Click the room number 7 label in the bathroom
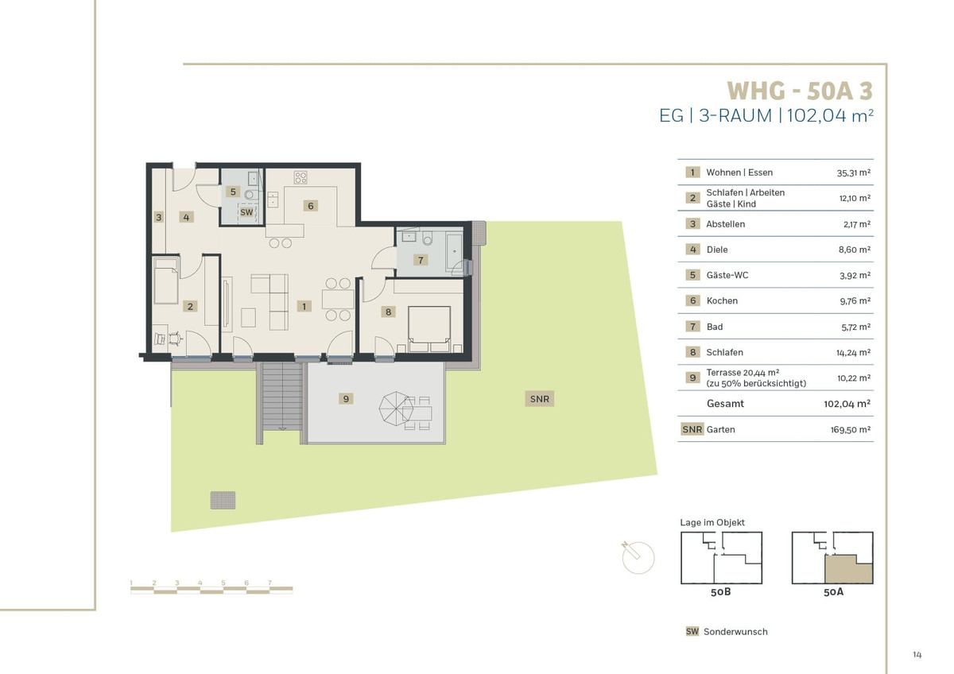click(x=421, y=260)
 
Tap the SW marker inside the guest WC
click(x=246, y=212)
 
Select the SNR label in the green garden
click(x=540, y=399)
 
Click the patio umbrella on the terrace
click(x=396, y=409)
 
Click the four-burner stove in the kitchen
click(x=301, y=177)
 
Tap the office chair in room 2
click(x=175, y=339)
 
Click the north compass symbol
click(x=638, y=557)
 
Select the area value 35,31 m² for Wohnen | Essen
click(x=854, y=172)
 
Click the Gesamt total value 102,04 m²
click(x=847, y=404)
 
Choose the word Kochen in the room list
click(x=722, y=301)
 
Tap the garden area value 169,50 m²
click(x=850, y=430)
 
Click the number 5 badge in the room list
click(x=692, y=275)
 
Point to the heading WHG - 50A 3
click(x=800, y=91)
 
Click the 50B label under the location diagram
click(x=720, y=592)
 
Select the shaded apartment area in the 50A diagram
click(x=848, y=570)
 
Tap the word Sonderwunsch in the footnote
click(x=735, y=632)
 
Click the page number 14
click(x=917, y=654)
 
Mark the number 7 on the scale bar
click(x=270, y=583)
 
